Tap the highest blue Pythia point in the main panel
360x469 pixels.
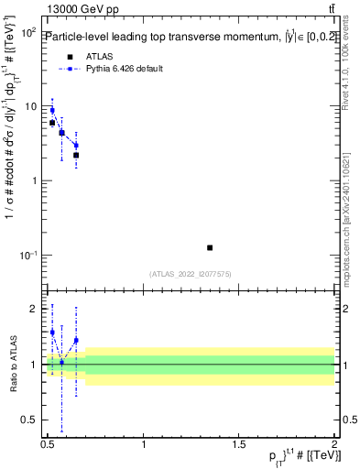tap(52, 110)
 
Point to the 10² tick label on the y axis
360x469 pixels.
tap(28, 32)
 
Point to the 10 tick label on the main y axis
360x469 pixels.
tap(30, 106)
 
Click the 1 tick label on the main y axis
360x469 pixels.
tap(34, 180)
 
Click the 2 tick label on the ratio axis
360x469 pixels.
tap(34, 309)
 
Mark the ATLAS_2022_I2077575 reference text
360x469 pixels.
tap(190, 273)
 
